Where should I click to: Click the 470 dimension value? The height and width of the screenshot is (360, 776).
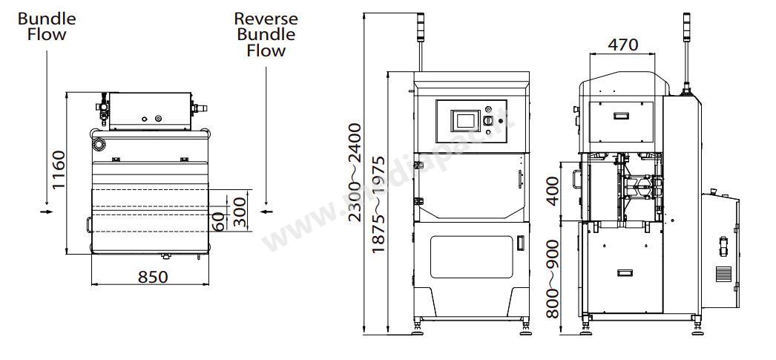coord(622,44)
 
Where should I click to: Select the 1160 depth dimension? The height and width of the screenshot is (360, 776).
coord(59,170)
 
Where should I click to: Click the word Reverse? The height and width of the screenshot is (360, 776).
coord(266,19)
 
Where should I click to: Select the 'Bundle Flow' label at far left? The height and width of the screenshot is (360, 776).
coord(46,26)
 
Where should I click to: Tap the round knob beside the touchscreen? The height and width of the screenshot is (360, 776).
coord(488,120)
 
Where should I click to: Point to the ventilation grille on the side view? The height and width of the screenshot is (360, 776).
coord(723,273)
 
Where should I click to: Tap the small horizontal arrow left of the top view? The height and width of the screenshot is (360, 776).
coord(47,212)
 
